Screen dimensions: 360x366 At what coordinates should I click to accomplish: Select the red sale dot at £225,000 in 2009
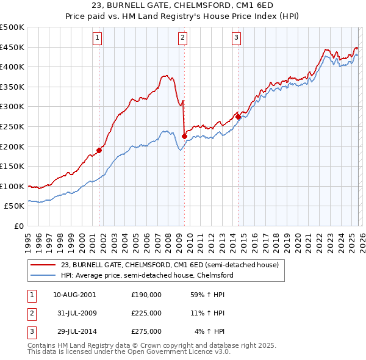point(184,137)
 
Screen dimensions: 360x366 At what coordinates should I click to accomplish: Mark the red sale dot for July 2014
point(237,117)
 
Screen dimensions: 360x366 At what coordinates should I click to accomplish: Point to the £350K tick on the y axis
point(12,87)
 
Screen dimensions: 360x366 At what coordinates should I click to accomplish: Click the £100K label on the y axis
point(12,186)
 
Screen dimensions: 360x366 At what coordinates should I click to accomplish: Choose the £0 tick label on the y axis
point(18,226)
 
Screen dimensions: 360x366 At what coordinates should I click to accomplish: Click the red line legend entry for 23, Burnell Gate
point(169,265)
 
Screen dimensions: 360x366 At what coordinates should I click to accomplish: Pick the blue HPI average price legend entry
point(147,275)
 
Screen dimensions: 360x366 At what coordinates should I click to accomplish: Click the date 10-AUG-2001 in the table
point(74,294)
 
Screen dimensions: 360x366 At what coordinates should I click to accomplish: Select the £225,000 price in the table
point(146,313)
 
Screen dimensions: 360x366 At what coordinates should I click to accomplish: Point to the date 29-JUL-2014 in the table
point(74,332)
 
